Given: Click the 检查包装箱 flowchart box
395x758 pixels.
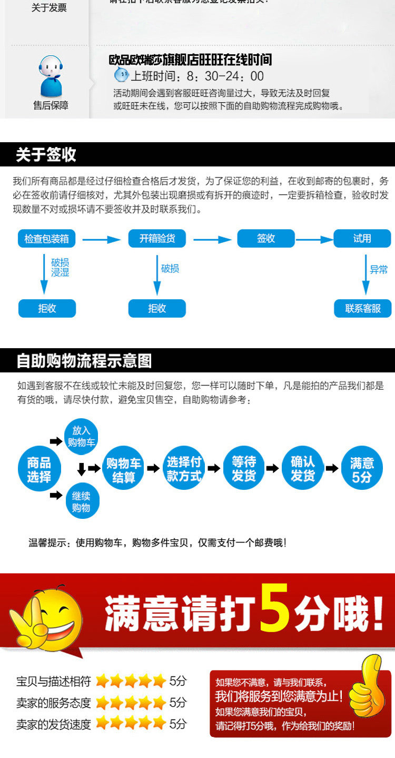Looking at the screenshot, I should (x=47, y=239).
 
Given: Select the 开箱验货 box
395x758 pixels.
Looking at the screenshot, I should (x=157, y=239).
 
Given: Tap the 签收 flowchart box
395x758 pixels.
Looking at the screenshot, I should (x=266, y=239).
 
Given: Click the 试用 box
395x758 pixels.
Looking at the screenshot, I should (x=362, y=239).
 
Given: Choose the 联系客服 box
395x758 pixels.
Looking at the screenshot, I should (x=363, y=309).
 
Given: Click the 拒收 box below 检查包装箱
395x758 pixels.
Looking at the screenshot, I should (x=47, y=309).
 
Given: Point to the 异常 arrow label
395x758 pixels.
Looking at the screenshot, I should (x=379, y=270).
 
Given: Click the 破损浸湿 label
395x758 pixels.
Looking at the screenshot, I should (x=60, y=267).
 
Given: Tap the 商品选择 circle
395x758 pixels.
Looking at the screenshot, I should (x=39, y=469).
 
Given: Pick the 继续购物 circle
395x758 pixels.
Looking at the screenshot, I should (x=82, y=501).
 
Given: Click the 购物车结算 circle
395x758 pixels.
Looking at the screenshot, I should (x=124, y=469).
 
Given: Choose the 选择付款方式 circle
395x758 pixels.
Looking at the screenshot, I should (x=184, y=469).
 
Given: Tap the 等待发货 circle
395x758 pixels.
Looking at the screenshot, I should (x=243, y=469).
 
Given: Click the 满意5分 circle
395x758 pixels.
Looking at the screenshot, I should (x=362, y=469).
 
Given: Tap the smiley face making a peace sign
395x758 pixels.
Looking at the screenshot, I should (x=47, y=616).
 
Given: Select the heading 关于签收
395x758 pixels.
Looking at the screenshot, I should (x=46, y=155).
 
